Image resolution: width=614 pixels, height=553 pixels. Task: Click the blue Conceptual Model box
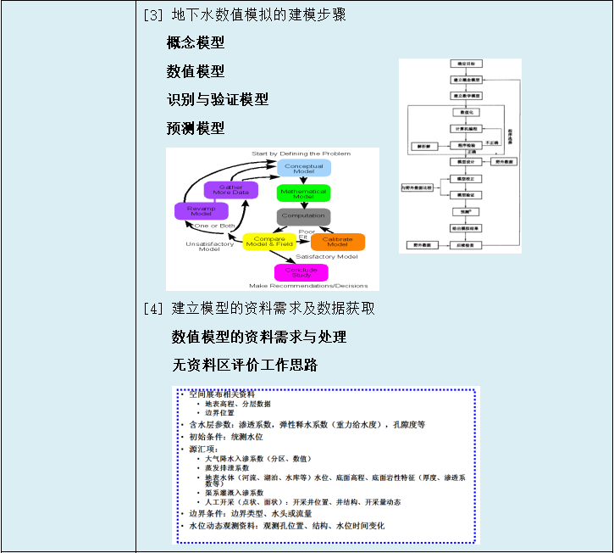[x=303, y=168]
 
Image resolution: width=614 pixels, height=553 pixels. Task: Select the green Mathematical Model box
[x=303, y=193]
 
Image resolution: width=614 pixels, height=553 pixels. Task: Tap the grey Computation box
[x=303, y=216]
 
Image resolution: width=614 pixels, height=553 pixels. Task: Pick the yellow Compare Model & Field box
[x=269, y=242]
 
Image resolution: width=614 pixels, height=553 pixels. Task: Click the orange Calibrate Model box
[x=338, y=242]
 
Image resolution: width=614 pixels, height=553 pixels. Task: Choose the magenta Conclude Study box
[x=301, y=272]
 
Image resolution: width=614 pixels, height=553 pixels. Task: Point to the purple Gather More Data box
[x=230, y=190]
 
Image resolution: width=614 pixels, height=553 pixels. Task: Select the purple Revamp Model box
[x=201, y=211]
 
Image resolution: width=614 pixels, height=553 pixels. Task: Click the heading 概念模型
[x=196, y=42]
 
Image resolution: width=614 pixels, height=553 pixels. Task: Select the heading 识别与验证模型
[x=218, y=99]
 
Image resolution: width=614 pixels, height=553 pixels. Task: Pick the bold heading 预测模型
[x=196, y=128]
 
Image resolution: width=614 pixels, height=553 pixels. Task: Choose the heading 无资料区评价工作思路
[x=245, y=365]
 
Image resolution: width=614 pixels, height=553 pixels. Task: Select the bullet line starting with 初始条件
[x=226, y=437]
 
